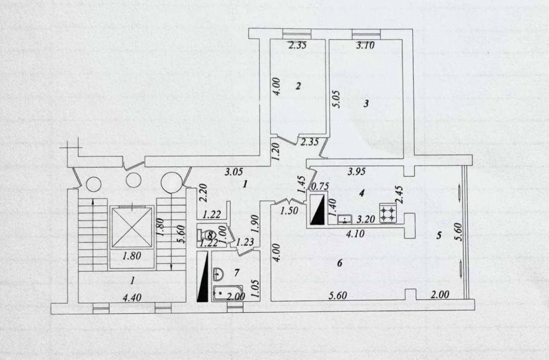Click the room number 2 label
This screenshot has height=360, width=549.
tap(298, 86)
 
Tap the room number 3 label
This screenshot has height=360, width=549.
tap(366, 104)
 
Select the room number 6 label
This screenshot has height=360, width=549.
tap(339, 263)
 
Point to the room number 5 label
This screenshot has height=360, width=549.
tap(439, 235)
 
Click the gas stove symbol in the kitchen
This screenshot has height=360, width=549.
tap(389, 213)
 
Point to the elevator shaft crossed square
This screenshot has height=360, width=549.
tap(132, 227)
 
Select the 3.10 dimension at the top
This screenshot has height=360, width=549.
tap(365, 45)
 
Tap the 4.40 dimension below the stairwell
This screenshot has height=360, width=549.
tap(132, 298)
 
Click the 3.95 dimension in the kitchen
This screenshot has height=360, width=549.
tap(356, 171)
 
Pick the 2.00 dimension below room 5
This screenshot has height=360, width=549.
tap(439, 295)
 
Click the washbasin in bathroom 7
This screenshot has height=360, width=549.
tap(219, 274)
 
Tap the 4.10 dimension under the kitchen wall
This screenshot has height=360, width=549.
tap(355, 233)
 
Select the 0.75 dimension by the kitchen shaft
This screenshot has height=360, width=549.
tap(320, 187)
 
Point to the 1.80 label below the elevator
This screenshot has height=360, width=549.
tap(132, 256)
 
